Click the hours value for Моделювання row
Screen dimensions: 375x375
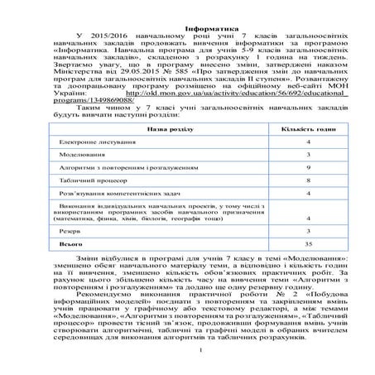click(308, 154)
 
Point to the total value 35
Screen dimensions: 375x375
click(308, 245)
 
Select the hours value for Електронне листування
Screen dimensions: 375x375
click(308, 142)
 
